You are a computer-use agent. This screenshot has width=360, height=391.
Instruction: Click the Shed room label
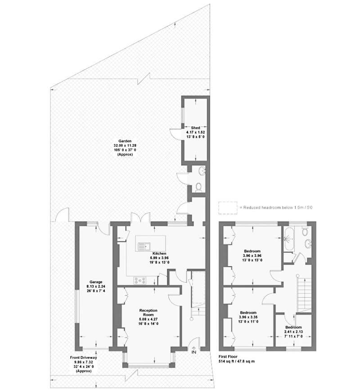pyautogui.click(x=196, y=127)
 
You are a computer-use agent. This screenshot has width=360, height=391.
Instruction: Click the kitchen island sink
pyautogui.click(x=144, y=246)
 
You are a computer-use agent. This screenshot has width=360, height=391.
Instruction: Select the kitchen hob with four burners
pyautogui.click(x=140, y=281)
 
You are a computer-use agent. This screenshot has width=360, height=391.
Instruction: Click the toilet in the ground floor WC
pyautogui.click(x=198, y=187)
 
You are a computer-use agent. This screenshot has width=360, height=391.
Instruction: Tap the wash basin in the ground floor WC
pyautogui.click(x=202, y=171)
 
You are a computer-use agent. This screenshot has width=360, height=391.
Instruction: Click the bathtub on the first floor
pyautogui.click(x=289, y=239)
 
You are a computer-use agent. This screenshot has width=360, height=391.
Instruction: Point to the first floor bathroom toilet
pyautogui.click(x=305, y=232)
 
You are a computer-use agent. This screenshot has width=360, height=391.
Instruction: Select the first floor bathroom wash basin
pyautogui.click(x=308, y=244)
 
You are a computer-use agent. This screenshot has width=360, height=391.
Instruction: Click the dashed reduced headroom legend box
pyautogui.click(x=228, y=208)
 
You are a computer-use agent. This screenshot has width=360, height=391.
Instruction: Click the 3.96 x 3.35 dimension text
pyautogui.click(x=248, y=317)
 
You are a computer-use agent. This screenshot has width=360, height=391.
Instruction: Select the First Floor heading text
pyautogui.click(x=228, y=357)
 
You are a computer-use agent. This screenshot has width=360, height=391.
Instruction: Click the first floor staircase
pyautogui.click(x=304, y=295)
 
